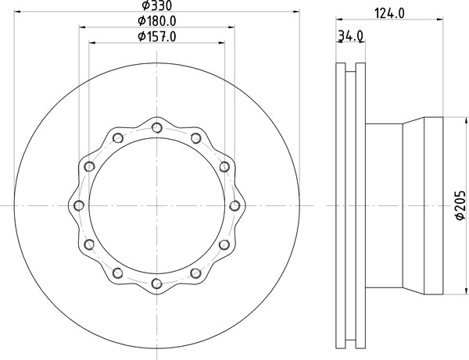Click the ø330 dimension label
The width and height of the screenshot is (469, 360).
coord(157,5)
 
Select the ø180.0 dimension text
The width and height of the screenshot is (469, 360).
coord(157,21)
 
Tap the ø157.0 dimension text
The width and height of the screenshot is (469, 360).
coord(157,37)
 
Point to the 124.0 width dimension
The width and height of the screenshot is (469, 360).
coord(389,13)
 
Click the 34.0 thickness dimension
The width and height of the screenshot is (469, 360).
coord(350,36)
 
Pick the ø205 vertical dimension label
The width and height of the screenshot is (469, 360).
coord(460,205)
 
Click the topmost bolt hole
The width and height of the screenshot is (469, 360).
coord(157,128)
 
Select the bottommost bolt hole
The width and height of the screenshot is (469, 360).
coord(157,283)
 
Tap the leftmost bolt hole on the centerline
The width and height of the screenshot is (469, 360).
coord(79,205)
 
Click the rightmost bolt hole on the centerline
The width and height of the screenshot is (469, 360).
coord(234,205)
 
